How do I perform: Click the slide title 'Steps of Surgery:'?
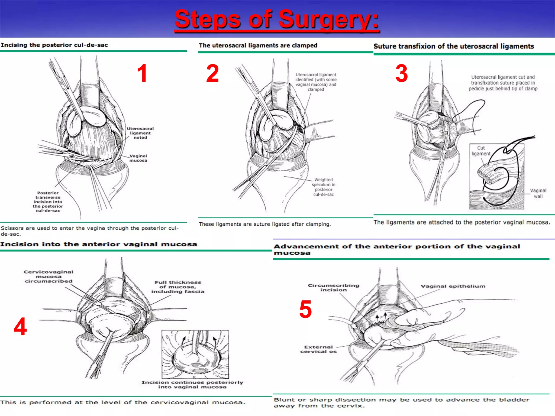point(277,19)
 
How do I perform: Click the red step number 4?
point(20,327)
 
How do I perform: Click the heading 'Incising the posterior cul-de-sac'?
point(54,45)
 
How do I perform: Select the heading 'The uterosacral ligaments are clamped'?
point(258,45)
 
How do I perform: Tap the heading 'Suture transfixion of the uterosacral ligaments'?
point(454,46)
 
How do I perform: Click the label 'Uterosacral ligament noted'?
point(140,133)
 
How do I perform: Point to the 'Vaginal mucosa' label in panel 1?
point(138,158)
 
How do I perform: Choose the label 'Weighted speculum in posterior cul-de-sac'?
point(323,187)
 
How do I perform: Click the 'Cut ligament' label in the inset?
point(481,151)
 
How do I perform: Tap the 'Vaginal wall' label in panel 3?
point(538,193)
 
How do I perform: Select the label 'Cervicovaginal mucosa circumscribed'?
point(49,277)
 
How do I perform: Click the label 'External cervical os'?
point(318,349)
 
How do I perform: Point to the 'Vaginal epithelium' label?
point(453,286)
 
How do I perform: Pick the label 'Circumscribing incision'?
point(333,287)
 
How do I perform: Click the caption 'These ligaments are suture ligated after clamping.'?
point(265,224)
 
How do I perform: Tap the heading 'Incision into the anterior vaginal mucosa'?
point(99,244)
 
